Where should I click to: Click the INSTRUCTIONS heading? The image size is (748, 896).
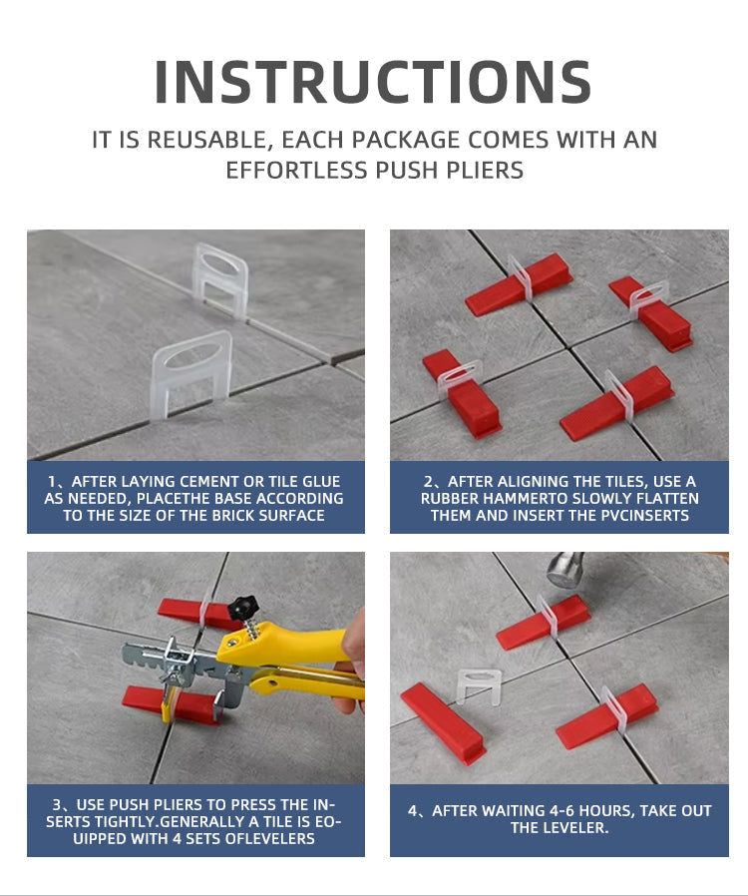373,82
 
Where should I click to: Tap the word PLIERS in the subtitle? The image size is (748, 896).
485,171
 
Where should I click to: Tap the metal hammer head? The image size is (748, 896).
565,570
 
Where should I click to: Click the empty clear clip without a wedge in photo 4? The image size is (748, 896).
479,685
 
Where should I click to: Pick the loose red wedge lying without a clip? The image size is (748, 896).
443,723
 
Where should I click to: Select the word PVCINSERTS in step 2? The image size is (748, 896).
645,516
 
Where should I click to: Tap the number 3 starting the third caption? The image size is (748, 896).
57,804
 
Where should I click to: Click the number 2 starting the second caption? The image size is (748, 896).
428,482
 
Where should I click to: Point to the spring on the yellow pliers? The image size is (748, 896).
252,629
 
